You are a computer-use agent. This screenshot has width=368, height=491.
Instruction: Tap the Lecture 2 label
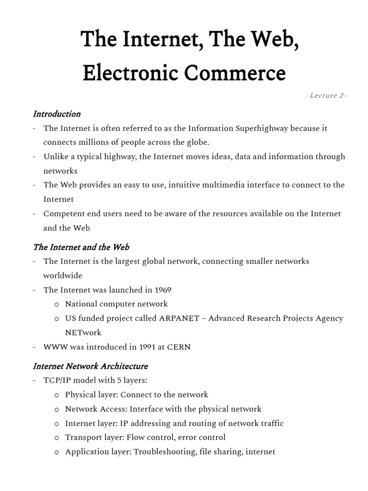[x=326, y=95]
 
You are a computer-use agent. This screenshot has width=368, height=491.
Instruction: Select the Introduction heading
[x=57, y=114]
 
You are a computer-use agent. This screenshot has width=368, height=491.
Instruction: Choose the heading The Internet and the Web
[x=81, y=247]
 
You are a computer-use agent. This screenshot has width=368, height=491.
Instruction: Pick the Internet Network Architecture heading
[x=90, y=366]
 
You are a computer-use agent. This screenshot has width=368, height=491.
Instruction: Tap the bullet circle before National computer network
[x=57, y=304]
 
